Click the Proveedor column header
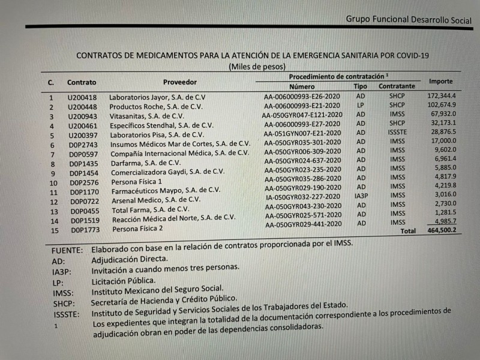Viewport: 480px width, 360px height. [179, 82]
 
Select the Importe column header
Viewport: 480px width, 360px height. [440, 81]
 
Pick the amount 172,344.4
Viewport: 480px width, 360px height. [442, 96]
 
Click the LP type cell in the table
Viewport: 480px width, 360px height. [361, 105]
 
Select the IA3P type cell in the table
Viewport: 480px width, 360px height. [361, 196]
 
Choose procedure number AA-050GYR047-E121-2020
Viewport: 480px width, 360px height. [302, 115]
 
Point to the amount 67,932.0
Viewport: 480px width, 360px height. [443, 114]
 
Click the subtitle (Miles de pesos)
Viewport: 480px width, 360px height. [257, 67]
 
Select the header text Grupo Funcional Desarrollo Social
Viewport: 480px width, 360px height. [409, 19]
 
